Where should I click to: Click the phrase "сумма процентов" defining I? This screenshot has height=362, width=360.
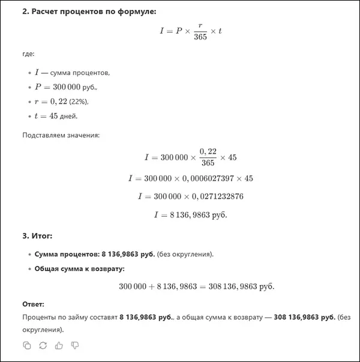(80, 73)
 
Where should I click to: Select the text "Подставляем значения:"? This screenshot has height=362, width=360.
(61, 134)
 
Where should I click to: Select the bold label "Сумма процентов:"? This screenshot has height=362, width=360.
(64, 254)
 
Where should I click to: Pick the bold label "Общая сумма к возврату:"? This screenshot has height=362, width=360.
(79, 268)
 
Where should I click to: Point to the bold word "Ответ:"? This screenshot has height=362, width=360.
(33, 304)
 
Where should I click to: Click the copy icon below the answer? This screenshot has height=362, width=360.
(27, 345)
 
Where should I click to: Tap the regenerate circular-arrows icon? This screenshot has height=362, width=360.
(43, 345)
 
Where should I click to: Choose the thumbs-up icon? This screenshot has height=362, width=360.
(59, 345)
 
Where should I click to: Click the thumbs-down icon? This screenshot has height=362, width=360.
(75, 345)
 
